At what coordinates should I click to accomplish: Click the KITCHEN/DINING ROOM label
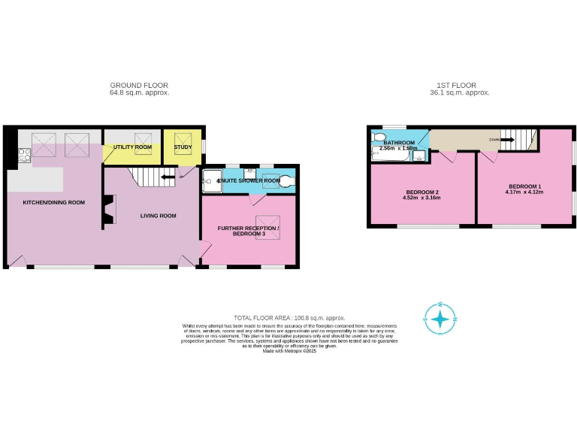(53, 202)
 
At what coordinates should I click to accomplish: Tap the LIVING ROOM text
(158, 216)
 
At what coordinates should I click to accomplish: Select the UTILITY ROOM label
(132, 147)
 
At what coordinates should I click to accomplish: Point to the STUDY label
(183, 147)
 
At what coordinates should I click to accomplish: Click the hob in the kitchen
(23, 156)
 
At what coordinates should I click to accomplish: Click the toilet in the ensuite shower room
(285, 180)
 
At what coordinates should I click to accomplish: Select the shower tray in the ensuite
(211, 180)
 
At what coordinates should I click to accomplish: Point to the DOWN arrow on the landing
(497, 139)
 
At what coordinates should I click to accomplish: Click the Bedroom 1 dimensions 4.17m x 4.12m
(524, 192)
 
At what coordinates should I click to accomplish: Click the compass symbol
(440, 318)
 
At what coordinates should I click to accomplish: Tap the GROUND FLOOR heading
(139, 86)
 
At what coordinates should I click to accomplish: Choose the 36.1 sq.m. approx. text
(464, 92)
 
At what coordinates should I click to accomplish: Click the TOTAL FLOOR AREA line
(289, 319)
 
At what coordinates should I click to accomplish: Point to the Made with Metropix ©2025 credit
(289, 351)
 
